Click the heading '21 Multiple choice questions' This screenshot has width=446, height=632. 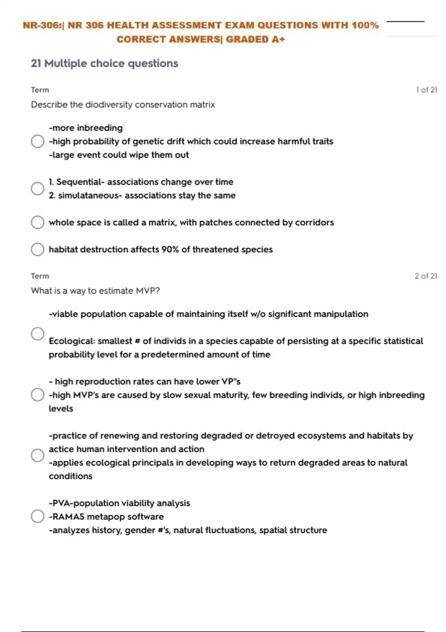coord(104,64)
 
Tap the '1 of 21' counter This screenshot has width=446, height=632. coord(426,90)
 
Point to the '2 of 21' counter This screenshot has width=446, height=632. coord(426,276)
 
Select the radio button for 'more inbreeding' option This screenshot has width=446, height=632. coord(38,141)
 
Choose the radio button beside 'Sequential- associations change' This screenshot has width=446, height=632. coord(38,188)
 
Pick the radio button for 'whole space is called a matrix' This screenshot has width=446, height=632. coord(38,222)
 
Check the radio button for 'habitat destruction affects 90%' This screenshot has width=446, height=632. coord(38,249)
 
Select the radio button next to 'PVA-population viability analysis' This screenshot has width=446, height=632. coord(38,516)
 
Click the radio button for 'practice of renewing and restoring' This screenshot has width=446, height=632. coord(38,455)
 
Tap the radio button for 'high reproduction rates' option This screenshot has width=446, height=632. coord(38,395)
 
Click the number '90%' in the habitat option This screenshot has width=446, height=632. coord(170,249)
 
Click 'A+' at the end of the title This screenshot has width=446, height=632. coord(278,39)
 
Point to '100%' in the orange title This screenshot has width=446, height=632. coord(365,25)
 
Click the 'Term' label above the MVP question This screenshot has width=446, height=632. coord(40,276)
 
